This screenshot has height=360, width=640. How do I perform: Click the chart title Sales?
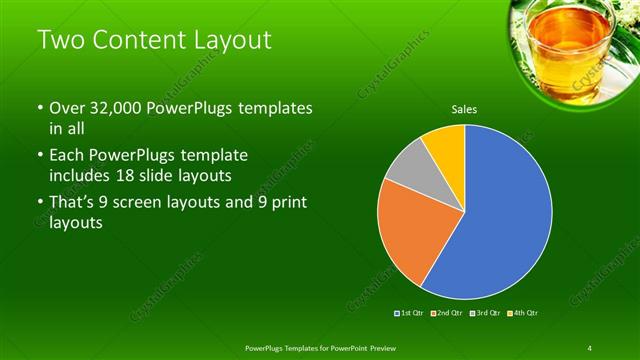(464, 108)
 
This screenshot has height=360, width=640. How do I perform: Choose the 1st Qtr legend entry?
(411, 313)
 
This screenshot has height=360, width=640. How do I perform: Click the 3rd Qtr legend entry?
(485, 313)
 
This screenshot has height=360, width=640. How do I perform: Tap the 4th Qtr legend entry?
(523, 313)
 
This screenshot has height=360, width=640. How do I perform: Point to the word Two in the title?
(60, 41)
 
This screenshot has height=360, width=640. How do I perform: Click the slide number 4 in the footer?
(590, 347)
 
